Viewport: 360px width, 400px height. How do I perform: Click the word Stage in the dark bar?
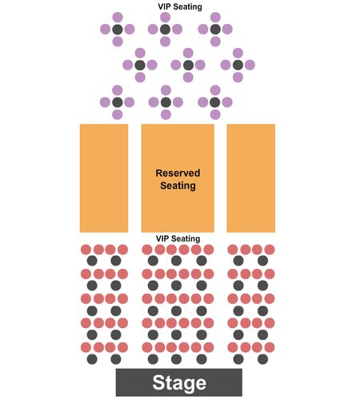[179, 383]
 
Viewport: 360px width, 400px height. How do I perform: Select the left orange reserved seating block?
[104, 178]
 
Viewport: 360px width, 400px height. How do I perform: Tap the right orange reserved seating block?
[251, 178]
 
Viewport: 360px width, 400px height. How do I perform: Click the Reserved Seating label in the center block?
[178, 179]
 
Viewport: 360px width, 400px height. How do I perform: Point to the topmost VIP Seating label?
[180, 6]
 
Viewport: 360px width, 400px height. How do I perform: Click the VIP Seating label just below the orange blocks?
[178, 238]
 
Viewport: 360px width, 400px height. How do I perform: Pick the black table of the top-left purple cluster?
[118, 30]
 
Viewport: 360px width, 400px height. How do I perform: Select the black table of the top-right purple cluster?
[215, 30]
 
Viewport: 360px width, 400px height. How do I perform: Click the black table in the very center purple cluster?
[188, 65]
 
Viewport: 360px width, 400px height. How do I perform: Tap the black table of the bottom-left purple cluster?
[118, 102]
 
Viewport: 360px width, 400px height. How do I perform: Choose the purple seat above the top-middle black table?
[166, 18]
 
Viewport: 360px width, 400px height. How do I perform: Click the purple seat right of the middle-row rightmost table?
[250, 65]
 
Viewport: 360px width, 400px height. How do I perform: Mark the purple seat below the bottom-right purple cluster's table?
[215, 114]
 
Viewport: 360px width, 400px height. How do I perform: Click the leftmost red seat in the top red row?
[86, 250]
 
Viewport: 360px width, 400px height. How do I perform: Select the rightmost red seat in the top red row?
[270, 250]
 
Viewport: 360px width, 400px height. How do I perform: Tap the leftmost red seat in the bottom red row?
[86, 347]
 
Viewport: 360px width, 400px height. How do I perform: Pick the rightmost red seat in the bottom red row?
[270, 347]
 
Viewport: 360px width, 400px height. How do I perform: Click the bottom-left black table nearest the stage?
[92, 359]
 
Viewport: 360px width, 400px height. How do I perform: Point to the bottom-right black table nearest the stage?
[262, 359]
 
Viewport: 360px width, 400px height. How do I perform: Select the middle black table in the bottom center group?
[176, 359]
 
